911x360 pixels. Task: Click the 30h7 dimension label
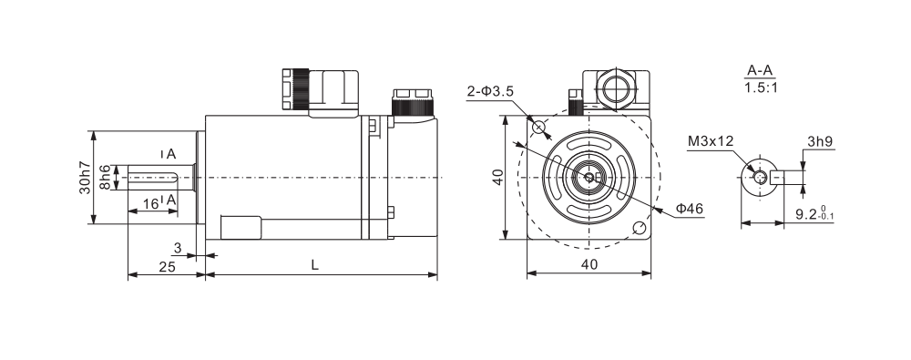tap(86, 178)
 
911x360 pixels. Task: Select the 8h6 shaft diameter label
tap(105, 178)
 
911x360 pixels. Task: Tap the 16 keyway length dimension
tap(150, 203)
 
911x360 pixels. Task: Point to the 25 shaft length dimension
tap(168, 266)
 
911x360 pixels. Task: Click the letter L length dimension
tap(314, 265)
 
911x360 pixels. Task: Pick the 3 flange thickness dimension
tap(178, 248)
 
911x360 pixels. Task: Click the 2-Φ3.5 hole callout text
tap(490, 92)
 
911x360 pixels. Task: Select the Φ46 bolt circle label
tap(690, 208)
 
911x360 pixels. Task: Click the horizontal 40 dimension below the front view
tap(589, 264)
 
